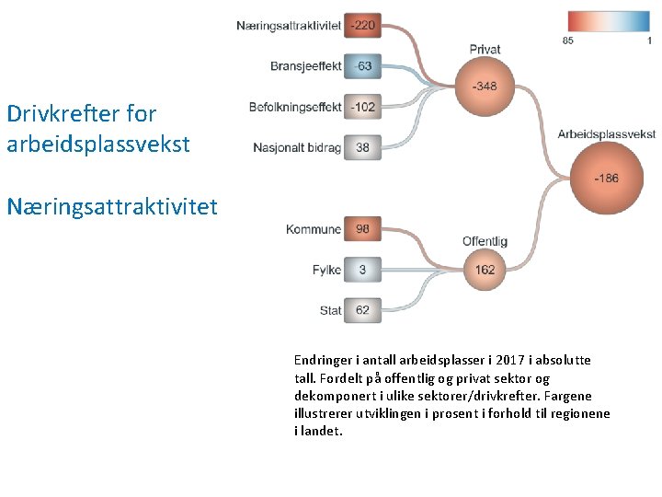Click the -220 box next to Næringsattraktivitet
363,25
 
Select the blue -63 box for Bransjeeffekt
363,65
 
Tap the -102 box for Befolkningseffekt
363,107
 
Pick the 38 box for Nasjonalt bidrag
363,147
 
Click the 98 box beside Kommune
363,229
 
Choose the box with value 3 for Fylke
363,270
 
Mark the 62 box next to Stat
363,310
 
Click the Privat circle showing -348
485,87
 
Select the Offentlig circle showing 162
485,270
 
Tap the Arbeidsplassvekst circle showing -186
606,178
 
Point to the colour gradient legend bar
609,22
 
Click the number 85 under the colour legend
568,40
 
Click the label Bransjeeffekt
306,66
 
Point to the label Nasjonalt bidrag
296,147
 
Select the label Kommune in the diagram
314,229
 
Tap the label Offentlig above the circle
485,241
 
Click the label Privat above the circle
485,49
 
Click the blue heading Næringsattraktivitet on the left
112,205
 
